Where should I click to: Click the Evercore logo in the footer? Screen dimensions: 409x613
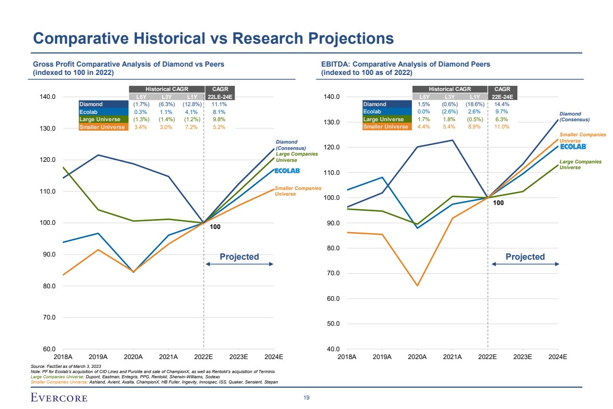click(x=59, y=398)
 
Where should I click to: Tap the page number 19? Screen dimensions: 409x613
click(x=306, y=398)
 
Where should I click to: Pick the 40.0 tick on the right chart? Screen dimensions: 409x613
click(x=330, y=349)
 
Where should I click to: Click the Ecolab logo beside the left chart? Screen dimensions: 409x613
click(x=287, y=171)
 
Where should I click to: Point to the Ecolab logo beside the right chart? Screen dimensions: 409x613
click(x=574, y=146)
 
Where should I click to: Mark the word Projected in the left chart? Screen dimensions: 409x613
click(x=239, y=257)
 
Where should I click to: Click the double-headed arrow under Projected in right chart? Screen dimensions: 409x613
click(x=525, y=264)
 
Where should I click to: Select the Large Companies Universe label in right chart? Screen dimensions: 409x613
click(x=580, y=164)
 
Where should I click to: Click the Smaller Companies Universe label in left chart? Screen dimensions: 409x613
click(x=298, y=191)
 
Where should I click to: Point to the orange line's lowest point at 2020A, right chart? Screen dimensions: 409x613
click(x=417, y=286)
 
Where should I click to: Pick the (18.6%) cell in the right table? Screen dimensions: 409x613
click(x=475, y=104)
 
